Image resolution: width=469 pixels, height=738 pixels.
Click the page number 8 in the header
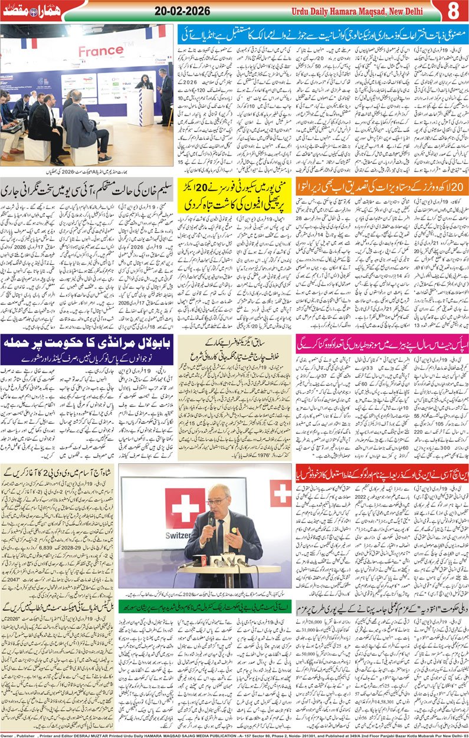452,11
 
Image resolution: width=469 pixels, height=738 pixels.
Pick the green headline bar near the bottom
206,605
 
